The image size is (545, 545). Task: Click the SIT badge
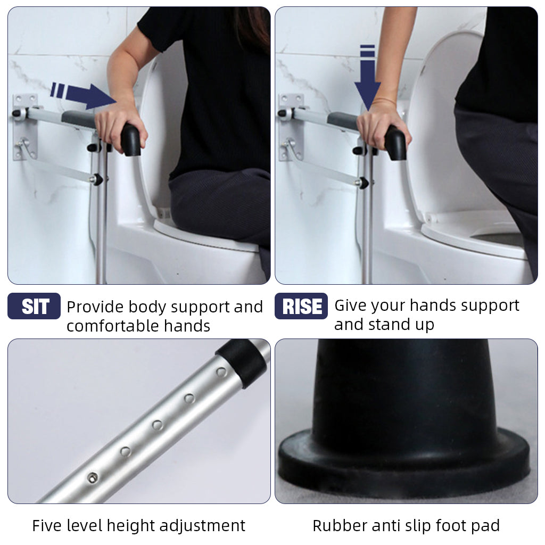tap(34, 306)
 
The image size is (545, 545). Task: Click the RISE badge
tap(301, 306)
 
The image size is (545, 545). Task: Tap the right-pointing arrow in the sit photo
tap(84, 95)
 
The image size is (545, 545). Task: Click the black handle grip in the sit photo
tap(131, 139)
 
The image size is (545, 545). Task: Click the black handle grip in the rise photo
tap(395, 143)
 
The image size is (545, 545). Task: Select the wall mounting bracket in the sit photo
tap(24, 127)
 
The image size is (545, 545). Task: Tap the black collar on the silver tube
tap(242, 362)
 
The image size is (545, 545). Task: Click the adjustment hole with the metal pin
tap(92, 477)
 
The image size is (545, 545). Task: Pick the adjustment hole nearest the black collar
tap(221, 372)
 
